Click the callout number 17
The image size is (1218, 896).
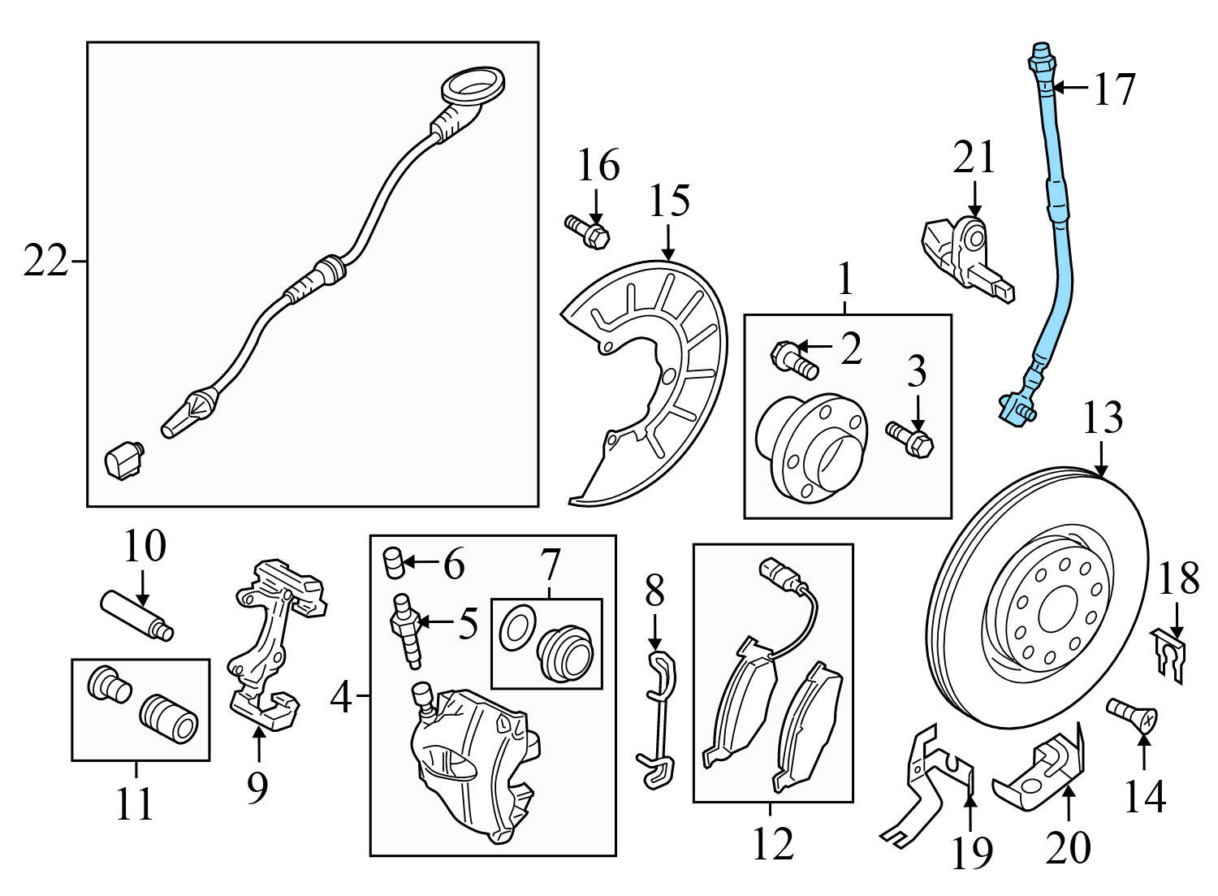pyautogui.click(x=1114, y=89)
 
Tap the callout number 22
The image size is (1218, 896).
pyautogui.click(x=44, y=262)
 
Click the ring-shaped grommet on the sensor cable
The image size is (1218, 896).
pyautogui.click(x=473, y=87)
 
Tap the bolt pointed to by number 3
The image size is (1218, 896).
pyautogui.click(x=911, y=436)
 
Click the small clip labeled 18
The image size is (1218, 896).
pyautogui.click(x=1169, y=650)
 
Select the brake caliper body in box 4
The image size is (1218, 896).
pyautogui.click(x=471, y=764)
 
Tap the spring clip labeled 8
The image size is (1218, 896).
pyautogui.click(x=659, y=715)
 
